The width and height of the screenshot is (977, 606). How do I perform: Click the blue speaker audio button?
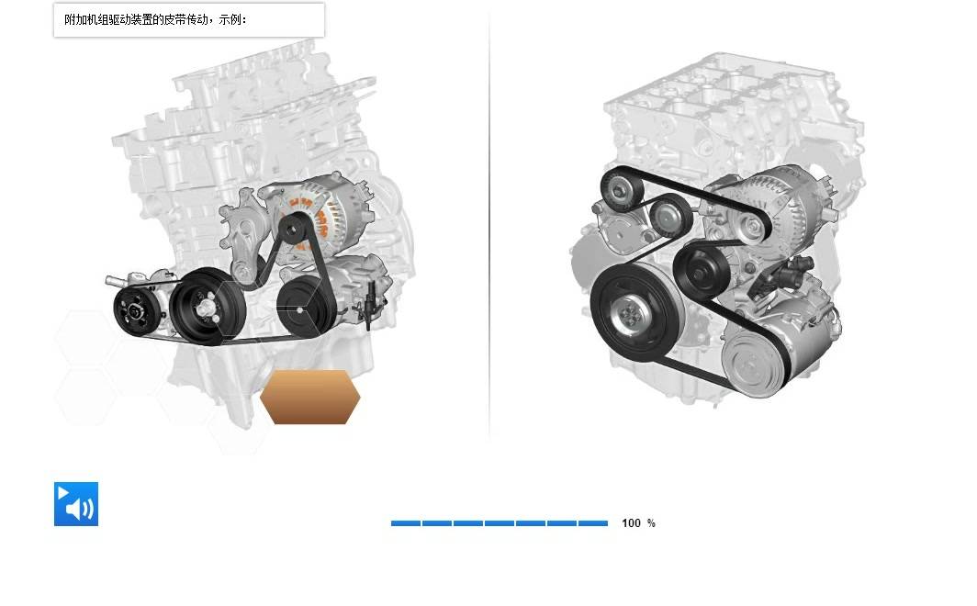(76, 504)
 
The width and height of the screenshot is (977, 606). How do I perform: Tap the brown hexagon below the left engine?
(310, 397)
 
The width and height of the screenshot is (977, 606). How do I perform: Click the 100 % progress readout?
(638, 523)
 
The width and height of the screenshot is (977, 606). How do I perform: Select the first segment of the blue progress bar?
(406, 523)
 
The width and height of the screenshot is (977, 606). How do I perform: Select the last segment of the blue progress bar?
(593, 523)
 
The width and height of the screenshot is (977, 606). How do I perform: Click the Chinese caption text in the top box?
(156, 19)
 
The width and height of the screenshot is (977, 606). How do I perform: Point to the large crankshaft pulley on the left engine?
(207, 306)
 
